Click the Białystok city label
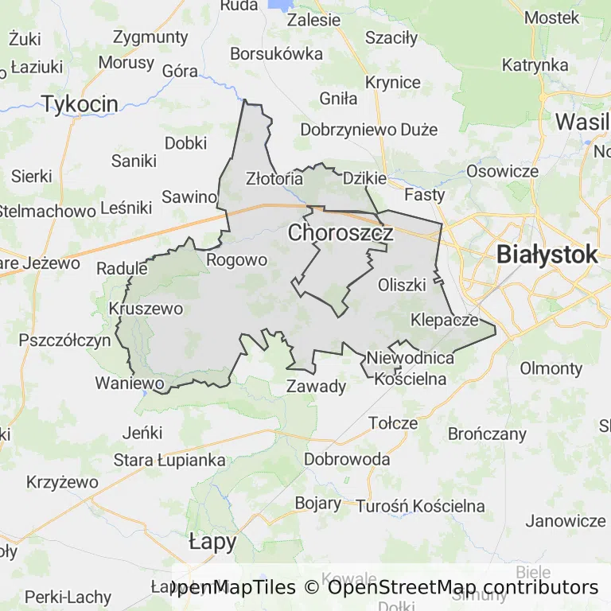(x=547, y=255)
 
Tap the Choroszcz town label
(x=341, y=233)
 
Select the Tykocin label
(x=80, y=103)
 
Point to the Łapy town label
(x=212, y=543)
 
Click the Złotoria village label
(x=274, y=178)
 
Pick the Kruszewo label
(x=146, y=309)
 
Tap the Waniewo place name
(x=130, y=383)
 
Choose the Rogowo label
(x=236, y=260)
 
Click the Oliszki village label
(x=403, y=284)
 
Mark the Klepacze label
(x=445, y=321)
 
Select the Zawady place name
(x=316, y=387)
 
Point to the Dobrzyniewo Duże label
(x=369, y=129)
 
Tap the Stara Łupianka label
(x=169, y=460)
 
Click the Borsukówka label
(x=276, y=54)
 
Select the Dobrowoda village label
(x=347, y=460)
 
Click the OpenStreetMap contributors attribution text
(x=463, y=588)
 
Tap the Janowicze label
(x=566, y=521)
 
